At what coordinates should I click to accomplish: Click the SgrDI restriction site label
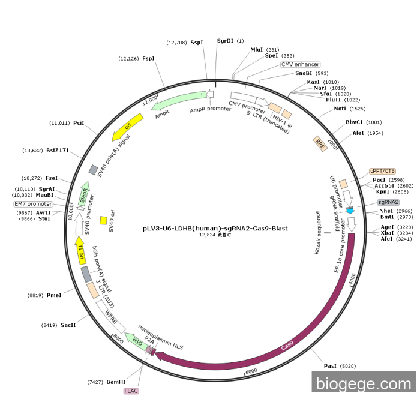click(225, 41)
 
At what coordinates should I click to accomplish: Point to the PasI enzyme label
click(330, 365)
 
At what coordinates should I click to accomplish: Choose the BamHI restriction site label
click(116, 382)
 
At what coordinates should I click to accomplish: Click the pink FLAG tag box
click(131, 391)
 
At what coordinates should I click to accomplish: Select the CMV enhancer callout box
click(300, 64)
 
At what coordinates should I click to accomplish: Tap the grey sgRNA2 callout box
click(388, 202)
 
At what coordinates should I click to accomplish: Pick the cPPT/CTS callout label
click(382, 170)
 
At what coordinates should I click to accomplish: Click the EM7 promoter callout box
click(33, 204)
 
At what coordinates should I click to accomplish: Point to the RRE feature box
click(320, 143)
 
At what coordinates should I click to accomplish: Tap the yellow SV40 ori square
click(103, 221)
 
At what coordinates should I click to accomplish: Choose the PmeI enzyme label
click(53, 295)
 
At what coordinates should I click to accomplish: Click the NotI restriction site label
click(340, 109)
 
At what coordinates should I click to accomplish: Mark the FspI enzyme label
click(148, 58)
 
